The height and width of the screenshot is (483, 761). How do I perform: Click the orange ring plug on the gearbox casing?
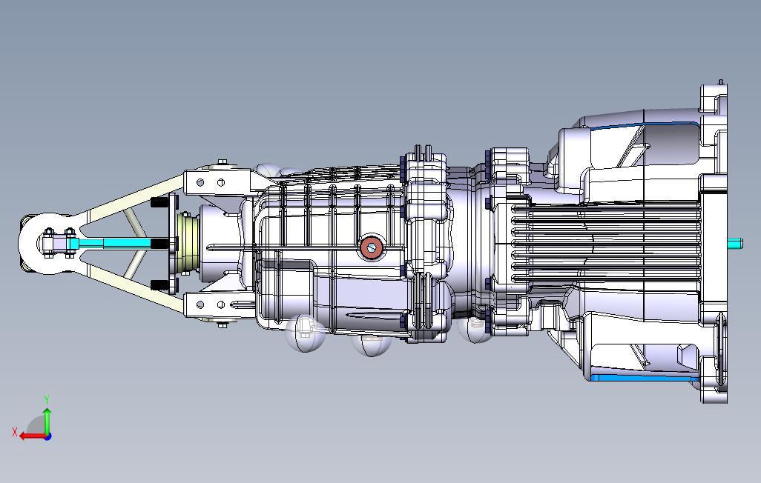(x=372, y=248)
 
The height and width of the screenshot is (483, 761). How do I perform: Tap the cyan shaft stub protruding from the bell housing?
(x=735, y=243)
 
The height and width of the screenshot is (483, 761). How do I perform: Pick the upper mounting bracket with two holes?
(x=218, y=182)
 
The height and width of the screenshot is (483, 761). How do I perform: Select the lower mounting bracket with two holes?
(x=218, y=305)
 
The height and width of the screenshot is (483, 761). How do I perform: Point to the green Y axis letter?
(x=47, y=399)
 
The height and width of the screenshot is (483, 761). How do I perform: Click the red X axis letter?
(x=15, y=432)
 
